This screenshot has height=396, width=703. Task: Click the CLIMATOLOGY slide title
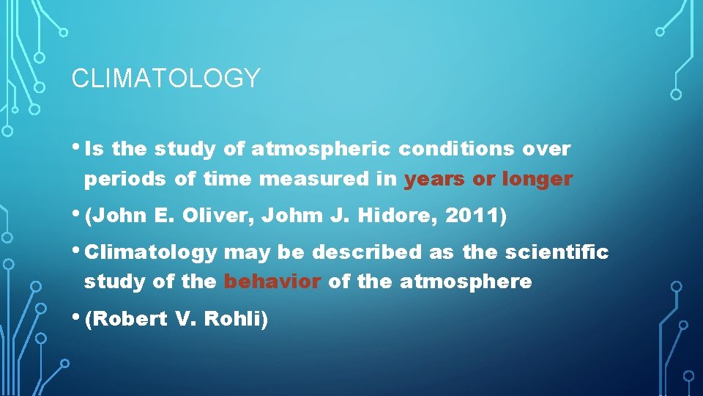(x=165, y=78)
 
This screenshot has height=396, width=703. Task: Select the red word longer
(x=537, y=179)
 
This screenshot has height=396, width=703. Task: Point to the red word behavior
(x=272, y=282)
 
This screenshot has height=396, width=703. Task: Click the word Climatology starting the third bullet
(x=150, y=253)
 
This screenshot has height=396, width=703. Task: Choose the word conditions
(x=456, y=150)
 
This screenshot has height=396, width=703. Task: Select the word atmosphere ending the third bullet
(x=466, y=282)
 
